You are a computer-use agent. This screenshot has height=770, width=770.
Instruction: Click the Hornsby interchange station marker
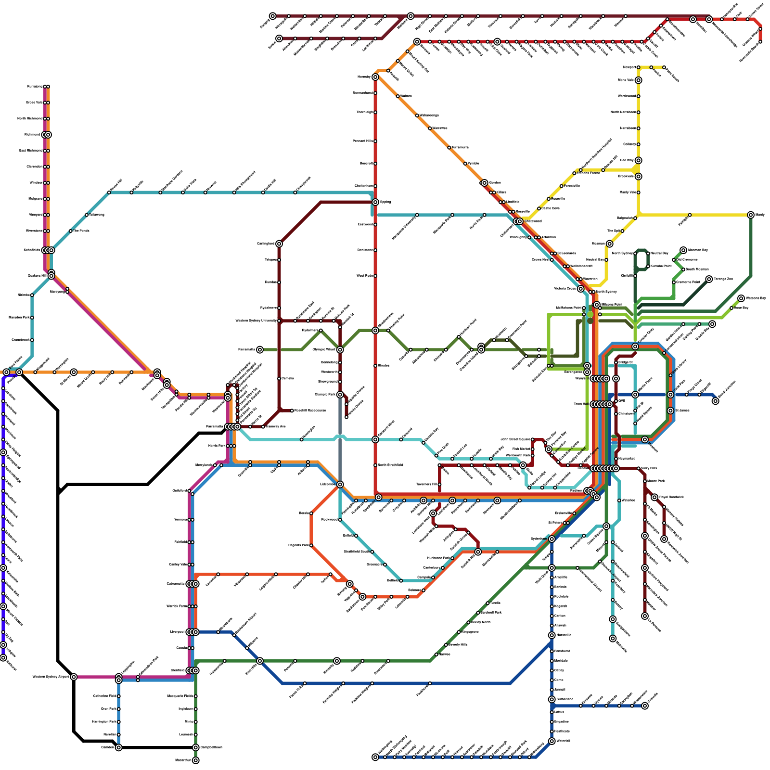coord(375,77)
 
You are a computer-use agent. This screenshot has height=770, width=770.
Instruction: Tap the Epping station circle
coord(375,202)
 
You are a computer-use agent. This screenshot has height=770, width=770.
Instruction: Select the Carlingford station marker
coord(279,244)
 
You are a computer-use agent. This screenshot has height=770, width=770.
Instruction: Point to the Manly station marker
coord(751,215)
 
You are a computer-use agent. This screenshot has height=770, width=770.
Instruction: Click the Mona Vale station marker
coord(638,80)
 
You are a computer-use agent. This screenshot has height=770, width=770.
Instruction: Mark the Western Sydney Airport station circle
coord(74,677)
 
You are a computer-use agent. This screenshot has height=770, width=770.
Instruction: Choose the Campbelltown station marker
coord(195,747)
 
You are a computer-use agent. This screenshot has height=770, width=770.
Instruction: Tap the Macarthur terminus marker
coord(195,760)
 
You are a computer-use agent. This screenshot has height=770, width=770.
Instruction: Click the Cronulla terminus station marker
coord(645,706)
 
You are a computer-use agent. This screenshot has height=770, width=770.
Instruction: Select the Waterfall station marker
coord(552,741)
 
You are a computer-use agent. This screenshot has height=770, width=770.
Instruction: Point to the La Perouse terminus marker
coord(645,616)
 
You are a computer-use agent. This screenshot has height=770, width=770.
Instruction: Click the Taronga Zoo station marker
coord(709,279)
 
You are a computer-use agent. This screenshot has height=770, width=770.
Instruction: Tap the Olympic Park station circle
coord(340,395)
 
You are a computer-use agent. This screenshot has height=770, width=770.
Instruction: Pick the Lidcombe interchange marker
coord(340,484)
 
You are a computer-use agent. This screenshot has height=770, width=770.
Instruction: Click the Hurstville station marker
coord(552,635)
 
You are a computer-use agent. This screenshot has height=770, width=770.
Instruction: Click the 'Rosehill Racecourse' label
coord(310,411)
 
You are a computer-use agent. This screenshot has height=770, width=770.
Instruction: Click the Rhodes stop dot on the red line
coord(375,366)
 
